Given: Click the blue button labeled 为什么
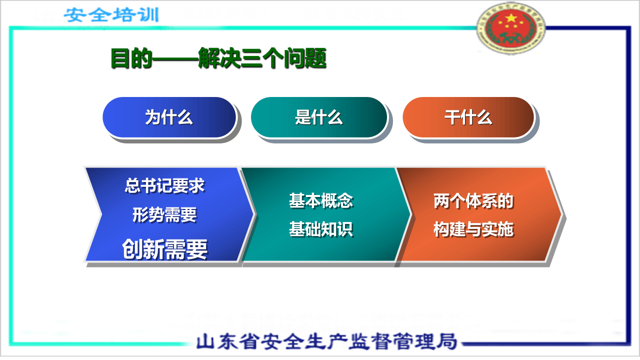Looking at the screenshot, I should coord(169,118).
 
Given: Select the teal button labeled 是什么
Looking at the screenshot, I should coord(318,118).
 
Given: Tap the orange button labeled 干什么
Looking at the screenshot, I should coord(468,118).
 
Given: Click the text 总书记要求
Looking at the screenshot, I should coord(164,186).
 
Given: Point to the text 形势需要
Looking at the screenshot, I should coord(164,215).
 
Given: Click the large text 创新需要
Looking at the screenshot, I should coord(164,248).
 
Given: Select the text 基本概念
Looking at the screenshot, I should coord(321,200).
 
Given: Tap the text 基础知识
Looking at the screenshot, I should coord(321,229).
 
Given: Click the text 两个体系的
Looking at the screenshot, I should coord(473,201).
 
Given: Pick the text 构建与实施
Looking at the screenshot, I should coord(473,229).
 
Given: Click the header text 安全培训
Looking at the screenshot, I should coord(111,14).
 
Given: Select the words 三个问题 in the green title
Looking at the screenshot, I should coord(284,58).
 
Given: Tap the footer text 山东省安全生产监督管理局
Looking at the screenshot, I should coord(327,341).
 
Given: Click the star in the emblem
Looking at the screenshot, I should coord(511,18).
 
